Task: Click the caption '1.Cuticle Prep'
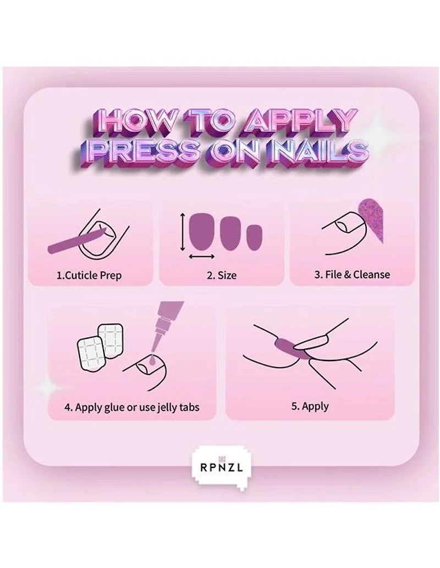tap(89, 275)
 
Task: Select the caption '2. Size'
tap(222, 275)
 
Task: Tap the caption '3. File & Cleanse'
tap(352, 274)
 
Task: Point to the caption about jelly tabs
tap(131, 407)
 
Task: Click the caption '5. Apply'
tap(310, 406)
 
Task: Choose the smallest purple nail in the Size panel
tap(254, 237)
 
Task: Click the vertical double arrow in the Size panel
tap(182, 232)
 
